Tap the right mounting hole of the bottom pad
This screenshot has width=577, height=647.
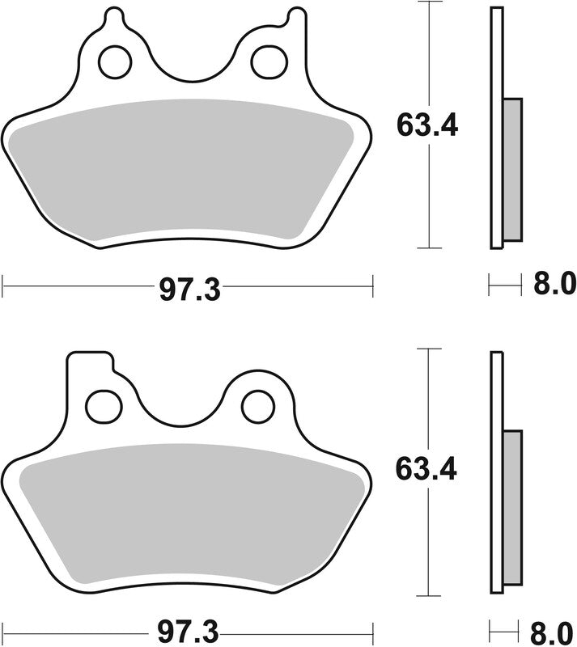pos(258,404)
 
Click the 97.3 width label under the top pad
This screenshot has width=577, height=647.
pos(189,287)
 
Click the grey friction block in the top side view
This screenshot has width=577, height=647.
pos(513,169)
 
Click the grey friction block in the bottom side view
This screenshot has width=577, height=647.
pos(513,510)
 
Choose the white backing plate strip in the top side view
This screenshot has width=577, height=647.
pos(497,129)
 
